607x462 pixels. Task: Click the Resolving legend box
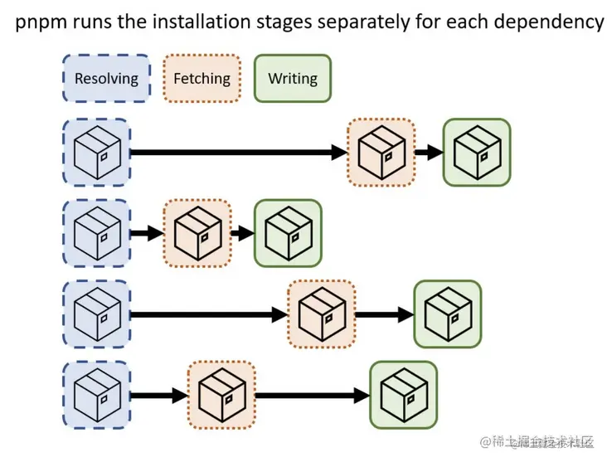[106, 79]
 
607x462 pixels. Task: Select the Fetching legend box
[202, 79]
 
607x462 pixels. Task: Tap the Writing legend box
[292, 79]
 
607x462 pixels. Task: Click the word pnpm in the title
[38, 22]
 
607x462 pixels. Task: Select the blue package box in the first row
[96, 152]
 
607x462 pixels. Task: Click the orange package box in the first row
[381, 152]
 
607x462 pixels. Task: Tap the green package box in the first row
[476, 152]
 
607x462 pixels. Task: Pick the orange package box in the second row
[197, 233]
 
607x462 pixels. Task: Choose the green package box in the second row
[287, 233]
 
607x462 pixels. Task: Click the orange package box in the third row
[321, 314]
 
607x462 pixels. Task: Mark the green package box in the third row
[447, 314]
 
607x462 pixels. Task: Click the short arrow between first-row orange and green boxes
[428, 153]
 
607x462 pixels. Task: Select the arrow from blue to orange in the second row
[147, 234]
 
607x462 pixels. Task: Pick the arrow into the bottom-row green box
[312, 396]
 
